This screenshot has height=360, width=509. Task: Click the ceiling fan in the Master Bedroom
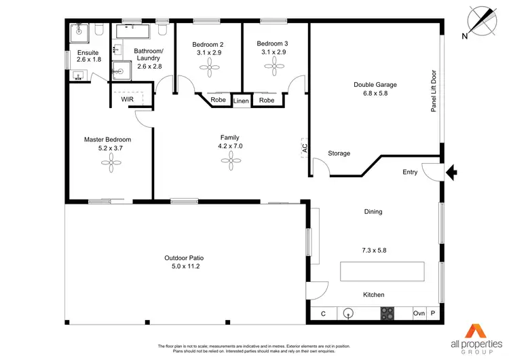[x=108, y=160]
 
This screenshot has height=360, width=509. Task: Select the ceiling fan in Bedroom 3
[x=276, y=65]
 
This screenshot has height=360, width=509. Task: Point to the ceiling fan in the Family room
[x=231, y=160]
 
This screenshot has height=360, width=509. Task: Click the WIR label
[x=128, y=99]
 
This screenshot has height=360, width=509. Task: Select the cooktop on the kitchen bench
[x=388, y=314]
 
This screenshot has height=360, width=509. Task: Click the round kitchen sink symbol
[x=350, y=314]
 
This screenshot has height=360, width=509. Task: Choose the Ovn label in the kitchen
[x=419, y=314]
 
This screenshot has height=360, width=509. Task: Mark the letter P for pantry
[x=433, y=314]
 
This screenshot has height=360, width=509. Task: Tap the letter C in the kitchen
[x=323, y=314]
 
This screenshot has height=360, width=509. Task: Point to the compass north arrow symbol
[x=483, y=20]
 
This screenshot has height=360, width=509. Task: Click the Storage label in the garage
[x=339, y=154]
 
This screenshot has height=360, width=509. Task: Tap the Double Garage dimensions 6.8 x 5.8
[x=375, y=94]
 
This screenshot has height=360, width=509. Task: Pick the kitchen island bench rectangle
[x=383, y=271]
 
